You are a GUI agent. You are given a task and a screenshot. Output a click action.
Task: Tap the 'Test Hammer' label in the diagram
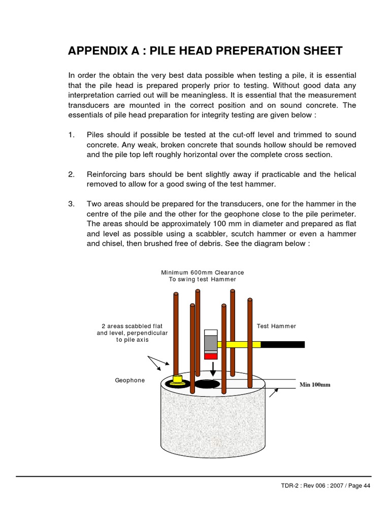[276, 326]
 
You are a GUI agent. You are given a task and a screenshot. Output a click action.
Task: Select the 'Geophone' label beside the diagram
[129, 380]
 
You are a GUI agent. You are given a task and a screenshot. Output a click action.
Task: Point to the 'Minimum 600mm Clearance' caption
[203, 272]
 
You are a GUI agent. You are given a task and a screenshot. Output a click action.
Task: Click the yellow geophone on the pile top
[178, 379]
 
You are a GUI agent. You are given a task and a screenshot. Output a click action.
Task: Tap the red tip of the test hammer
[210, 355]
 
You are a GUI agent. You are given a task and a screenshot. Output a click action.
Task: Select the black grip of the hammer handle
[283, 344]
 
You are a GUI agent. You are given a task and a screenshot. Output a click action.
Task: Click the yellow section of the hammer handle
[239, 344]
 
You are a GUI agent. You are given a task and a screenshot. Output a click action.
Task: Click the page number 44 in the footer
[358, 486]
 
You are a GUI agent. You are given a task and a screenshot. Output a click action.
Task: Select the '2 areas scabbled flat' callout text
[132, 326]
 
